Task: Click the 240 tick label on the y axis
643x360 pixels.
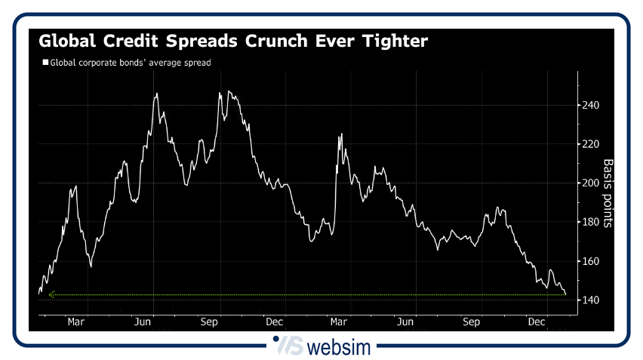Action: [590, 105]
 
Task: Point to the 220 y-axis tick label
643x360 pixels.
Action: [590, 144]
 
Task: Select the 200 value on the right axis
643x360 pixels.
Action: [590, 183]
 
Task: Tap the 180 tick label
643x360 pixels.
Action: [590, 222]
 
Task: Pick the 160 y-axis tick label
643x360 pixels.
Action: [590, 261]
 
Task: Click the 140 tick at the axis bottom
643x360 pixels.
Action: [590, 300]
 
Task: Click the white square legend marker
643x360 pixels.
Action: [45, 63]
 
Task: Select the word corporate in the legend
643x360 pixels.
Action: [97, 63]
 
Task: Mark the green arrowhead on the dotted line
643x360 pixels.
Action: [51, 294]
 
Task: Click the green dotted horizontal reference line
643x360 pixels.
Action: [302, 294]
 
